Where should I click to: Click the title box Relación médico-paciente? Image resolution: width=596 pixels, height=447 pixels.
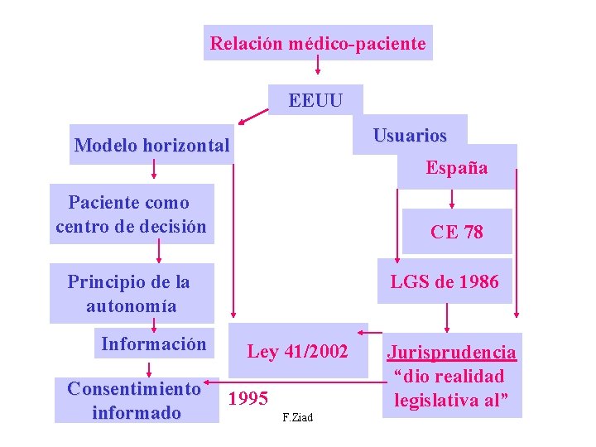318,43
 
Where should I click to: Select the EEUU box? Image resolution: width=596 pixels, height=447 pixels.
315,100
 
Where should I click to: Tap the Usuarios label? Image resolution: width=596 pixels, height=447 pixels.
410,135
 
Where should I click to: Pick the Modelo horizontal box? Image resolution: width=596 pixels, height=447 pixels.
151,146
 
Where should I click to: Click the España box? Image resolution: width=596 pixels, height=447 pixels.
457,167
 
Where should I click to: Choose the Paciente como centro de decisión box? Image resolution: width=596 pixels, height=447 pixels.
131,214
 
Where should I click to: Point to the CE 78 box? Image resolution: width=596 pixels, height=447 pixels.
456,232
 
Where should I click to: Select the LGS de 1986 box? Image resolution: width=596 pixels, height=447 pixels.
445,282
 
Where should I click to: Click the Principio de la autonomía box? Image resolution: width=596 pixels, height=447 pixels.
130,293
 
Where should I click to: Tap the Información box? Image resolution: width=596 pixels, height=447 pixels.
153,344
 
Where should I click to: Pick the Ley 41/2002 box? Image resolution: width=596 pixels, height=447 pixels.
297,351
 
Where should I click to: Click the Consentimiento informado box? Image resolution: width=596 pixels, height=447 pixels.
135,400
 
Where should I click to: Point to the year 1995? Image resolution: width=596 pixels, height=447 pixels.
248,399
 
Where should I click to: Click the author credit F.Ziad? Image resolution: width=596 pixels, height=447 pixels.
297,417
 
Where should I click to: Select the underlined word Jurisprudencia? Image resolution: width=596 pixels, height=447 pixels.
452,353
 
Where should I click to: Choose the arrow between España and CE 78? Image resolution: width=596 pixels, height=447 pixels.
452,199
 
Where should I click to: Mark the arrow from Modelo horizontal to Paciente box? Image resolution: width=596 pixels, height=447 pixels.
153,169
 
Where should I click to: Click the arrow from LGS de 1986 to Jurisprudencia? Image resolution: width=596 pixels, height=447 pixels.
447,317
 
